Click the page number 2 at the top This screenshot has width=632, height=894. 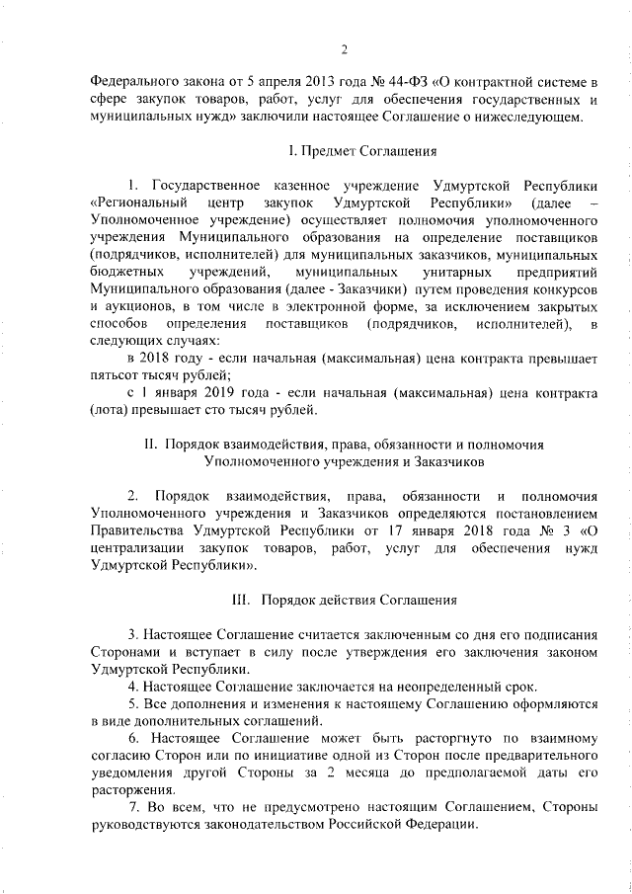[x=344, y=51]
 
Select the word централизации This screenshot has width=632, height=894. [x=136, y=549]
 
